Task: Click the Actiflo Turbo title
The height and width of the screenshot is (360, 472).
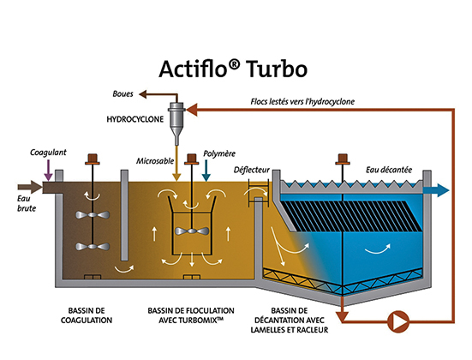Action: (x=233, y=69)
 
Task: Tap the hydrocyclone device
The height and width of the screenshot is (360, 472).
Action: (x=176, y=123)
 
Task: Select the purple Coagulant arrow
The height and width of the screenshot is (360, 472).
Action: (x=48, y=171)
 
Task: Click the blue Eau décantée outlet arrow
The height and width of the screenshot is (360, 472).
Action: (x=436, y=190)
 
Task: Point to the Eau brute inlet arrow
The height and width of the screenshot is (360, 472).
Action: (x=30, y=187)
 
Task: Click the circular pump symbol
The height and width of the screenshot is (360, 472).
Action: (x=398, y=321)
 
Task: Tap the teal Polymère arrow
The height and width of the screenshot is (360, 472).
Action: (x=206, y=171)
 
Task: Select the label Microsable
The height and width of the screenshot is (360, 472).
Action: (x=155, y=161)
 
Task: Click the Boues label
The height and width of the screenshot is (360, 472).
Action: (x=122, y=94)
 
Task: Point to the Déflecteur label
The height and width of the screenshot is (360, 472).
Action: (x=252, y=171)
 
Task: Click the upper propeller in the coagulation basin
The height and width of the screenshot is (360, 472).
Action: (x=93, y=215)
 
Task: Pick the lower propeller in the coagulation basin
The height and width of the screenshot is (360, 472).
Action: (x=93, y=246)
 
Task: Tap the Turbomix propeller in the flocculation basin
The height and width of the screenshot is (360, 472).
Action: (x=192, y=231)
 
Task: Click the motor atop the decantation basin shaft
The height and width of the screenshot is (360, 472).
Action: (x=343, y=159)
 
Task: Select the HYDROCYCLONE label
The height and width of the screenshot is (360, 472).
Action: (x=135, y=119)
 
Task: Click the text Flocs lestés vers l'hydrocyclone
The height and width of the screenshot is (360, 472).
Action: (x=302, y=101)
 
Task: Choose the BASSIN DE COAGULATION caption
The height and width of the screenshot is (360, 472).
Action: (x=87, y=315)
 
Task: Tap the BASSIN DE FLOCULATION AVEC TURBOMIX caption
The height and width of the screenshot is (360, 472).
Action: (x=191, y=315)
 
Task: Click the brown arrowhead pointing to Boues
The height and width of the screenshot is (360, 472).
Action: (x=143, y=94)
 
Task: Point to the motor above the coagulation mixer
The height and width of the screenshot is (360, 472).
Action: (x=93, y=159)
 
